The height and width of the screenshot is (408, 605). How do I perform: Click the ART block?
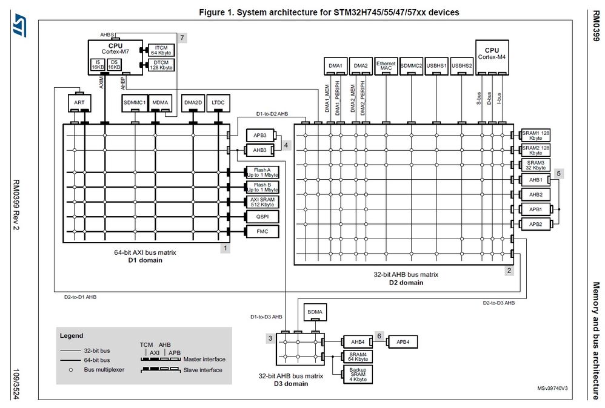79,103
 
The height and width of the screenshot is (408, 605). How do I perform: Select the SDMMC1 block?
134,103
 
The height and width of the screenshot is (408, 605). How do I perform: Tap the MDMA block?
161,103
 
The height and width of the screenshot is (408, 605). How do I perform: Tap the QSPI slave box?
262,216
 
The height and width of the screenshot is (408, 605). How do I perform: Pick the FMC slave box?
262,231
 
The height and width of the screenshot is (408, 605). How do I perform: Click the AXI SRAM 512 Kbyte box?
262,201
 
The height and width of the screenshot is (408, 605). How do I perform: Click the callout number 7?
182,38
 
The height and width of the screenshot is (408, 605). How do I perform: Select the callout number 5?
560,173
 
